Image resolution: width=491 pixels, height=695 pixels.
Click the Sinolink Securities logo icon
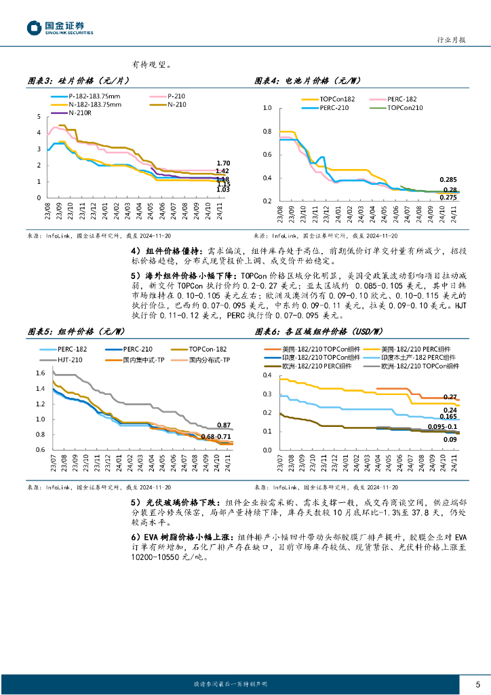(x=34, y=28)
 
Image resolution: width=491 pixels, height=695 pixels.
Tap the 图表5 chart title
(x=76, y=332)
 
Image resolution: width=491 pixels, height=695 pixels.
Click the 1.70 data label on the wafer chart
(x=223, y=163)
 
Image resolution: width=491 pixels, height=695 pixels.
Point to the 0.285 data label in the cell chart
(x=448, y=180)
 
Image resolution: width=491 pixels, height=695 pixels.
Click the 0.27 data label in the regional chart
(x=450, y=396)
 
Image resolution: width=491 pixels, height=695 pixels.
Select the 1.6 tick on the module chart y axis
(x=39, y=373)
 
